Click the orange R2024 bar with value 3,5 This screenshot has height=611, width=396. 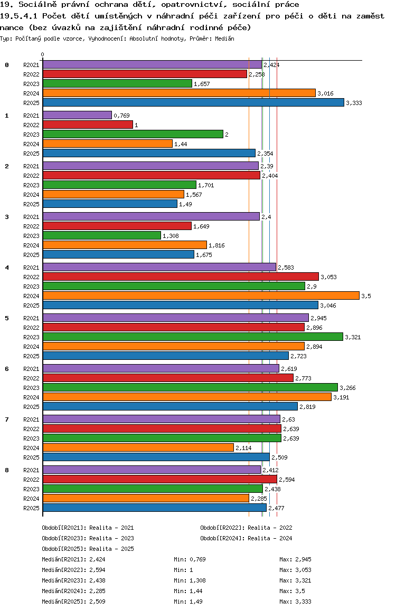201,295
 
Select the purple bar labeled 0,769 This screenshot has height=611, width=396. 77,115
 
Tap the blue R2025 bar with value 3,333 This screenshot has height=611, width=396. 193,102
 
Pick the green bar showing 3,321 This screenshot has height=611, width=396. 193,337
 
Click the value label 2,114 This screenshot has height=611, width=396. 244,448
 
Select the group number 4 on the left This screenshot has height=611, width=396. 7,268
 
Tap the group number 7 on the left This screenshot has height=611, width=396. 7,419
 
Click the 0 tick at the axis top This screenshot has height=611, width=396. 42,55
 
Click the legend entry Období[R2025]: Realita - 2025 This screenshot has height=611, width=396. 88,549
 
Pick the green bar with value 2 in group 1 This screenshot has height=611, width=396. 133,134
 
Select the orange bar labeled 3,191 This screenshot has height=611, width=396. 187,397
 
